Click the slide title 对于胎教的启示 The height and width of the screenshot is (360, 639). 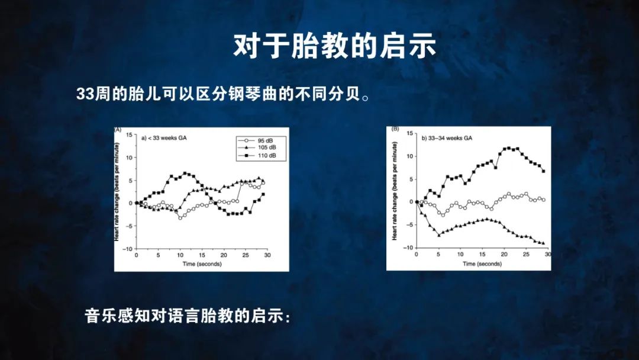335,46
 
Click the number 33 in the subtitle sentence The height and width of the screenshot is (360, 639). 85,94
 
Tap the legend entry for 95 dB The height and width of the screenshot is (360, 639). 262,141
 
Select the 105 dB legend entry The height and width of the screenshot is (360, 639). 262,147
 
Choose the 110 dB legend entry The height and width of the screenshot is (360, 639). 262,155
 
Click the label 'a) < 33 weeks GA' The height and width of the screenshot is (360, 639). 164,138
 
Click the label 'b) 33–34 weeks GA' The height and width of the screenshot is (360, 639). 447,138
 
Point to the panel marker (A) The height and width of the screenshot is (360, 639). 118,130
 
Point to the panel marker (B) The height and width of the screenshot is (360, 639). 395,129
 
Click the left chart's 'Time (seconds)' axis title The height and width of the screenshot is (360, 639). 202,263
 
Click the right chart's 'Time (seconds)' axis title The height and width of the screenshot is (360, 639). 482,263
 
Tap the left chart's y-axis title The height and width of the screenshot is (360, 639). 117,192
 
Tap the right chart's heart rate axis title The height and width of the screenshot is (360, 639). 394,191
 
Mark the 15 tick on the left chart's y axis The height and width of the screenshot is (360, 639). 129,135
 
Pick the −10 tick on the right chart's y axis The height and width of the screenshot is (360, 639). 408,247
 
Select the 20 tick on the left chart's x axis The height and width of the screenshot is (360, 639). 224,255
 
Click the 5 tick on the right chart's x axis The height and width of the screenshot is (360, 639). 438,255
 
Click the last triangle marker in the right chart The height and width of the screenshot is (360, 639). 543,243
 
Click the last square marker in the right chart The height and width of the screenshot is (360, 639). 544,171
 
